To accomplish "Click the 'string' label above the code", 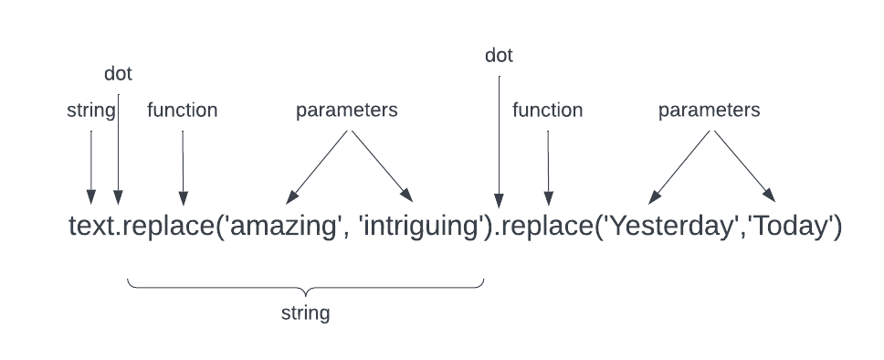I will (x=91, y=111).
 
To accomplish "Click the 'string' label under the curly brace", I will (x=305, y=313).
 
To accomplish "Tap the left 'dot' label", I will (x=118, y=74).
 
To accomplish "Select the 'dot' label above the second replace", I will (x=499, y=56).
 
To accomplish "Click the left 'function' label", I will (x=183, y=111).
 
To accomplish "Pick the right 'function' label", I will (x=547, y=111).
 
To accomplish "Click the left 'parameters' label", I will (x=346, y=111).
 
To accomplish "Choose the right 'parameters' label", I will (x=709, y=111).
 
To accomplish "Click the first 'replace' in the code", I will (x=171, y=226).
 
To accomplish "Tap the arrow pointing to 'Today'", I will (x=744, y=165).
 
